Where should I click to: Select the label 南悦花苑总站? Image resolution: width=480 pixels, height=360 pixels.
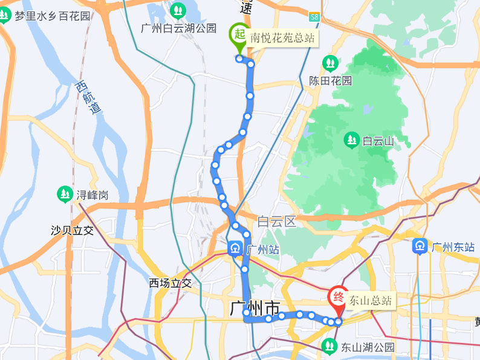pyautogui.click(x=282, y=38)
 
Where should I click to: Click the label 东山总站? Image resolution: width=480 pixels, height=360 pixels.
pyautogui.click(x=371, y=300)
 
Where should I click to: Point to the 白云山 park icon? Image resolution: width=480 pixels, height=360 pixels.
pyautogui.click(x=351, y=141)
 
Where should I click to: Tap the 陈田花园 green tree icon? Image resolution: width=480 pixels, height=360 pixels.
pyautogui.click(x=329, y=62)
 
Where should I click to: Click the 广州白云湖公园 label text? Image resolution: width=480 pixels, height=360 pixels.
pyautogui.click(x=178, y=28)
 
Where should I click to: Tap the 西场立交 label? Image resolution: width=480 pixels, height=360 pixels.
pyautogui.click(x=170, y=283)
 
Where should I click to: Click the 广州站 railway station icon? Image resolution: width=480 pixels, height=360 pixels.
pyautogui.click(x=234, y=248)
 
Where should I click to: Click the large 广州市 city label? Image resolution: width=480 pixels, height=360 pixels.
pyautogui.click(x=255, y=308)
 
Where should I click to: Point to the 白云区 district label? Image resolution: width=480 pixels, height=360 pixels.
pyautogui.click(x=276, y=222)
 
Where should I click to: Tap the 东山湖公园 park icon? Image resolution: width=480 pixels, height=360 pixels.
pyautogui.click(x=329, y=346)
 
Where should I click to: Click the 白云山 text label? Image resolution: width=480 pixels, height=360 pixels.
pyautogui.click(x=378, y=141)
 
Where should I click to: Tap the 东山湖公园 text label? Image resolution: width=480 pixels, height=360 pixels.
pyautogui.click(x=368, y=347)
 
